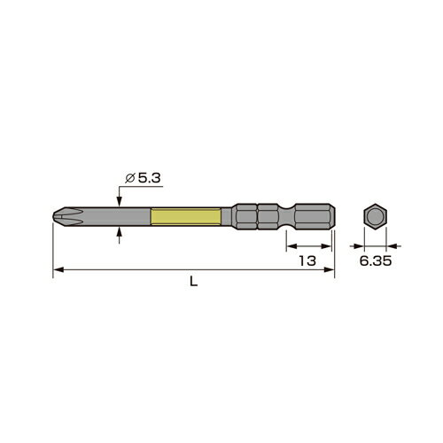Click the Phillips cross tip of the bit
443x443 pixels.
[60, 217]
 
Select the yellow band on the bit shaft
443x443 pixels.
[185, 217]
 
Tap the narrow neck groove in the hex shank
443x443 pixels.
[284, 217]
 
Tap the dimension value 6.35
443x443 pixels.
[374, 261]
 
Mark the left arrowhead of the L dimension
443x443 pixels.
[58, 269]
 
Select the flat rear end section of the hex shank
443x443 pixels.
[315, 217]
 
